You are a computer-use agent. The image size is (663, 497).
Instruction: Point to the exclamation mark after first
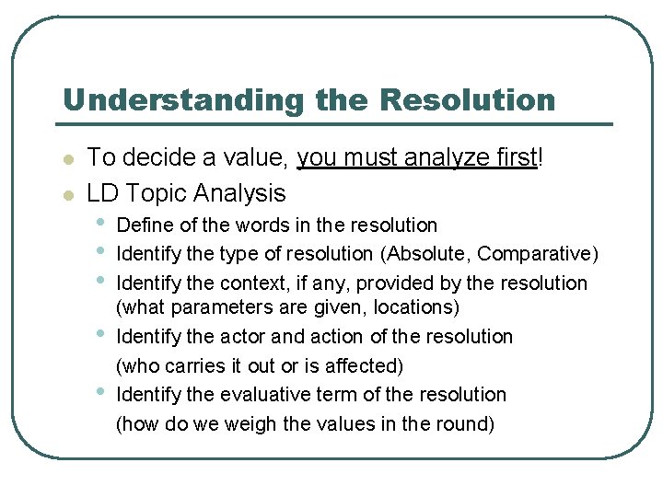541,157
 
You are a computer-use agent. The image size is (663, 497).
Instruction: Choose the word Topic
153,193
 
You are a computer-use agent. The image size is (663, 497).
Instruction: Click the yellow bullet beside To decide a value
66,159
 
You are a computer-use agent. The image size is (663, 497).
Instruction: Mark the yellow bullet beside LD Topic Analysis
66,194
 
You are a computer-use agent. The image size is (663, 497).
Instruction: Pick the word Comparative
538,254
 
